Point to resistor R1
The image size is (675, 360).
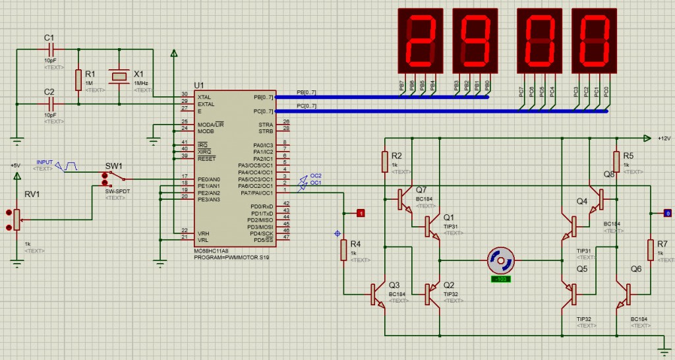pos(78,79)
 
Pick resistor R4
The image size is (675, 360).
pos(343,250)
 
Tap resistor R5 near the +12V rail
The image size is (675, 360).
pos(616,161)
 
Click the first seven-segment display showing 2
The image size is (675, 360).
pos(419,40)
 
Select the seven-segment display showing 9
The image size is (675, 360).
pos(475,40)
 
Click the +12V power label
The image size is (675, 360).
pos(663,138)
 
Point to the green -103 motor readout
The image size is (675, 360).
pos(501,280)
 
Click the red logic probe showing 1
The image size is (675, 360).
pos(361,213)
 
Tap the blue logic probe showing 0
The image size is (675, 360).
pos(667,213)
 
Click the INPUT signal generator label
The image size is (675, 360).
pos(45,162)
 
